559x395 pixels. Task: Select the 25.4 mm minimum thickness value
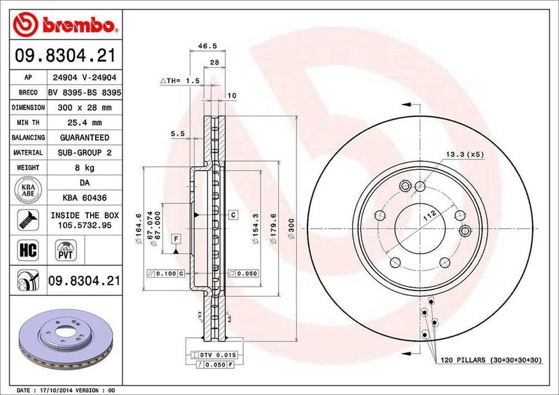pos(85,123)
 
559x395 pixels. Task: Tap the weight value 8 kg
pos(85,167)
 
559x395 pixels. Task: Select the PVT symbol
pos(64,252)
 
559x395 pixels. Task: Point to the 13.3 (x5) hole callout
pos(465,154)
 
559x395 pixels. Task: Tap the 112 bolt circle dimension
pos(431,217)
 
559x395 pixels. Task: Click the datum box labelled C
pos(233,214)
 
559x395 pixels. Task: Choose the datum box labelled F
pos(176,238)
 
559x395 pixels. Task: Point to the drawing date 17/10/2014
pos(65,391)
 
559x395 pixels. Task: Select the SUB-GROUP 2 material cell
pos(85,153)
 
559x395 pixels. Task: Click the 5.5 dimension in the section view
pos(177,133)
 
